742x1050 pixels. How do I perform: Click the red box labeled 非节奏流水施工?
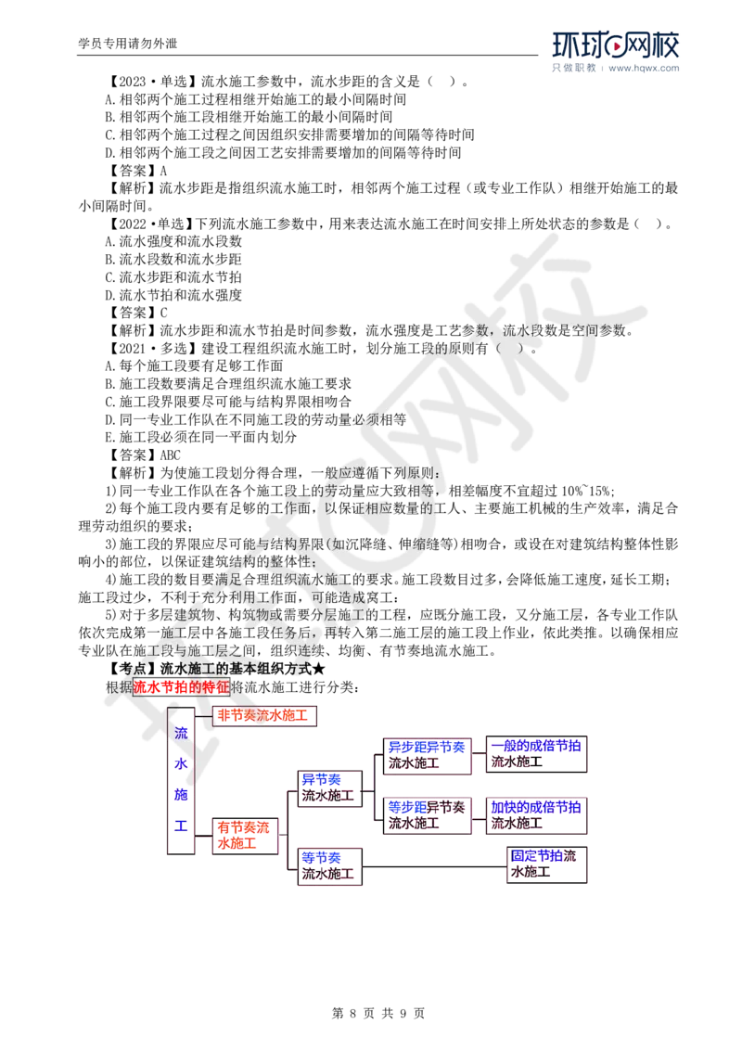[266, 716]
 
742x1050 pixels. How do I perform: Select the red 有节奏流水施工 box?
[243, 835]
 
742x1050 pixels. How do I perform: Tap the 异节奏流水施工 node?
[327, 787]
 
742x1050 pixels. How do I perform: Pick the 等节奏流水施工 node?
[327, 865]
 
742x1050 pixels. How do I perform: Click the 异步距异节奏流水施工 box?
[428, 755]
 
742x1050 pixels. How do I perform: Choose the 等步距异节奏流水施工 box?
[428, 814]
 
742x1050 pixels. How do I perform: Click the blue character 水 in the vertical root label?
[181, 763]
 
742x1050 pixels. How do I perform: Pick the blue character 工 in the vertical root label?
[181, 824]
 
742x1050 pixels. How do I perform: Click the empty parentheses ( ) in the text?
[508, 348]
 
